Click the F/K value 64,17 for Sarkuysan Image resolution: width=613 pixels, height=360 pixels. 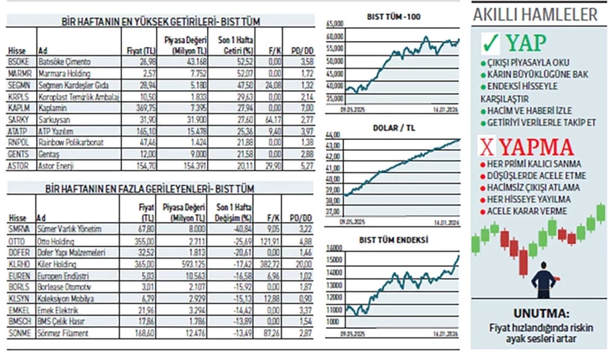273,118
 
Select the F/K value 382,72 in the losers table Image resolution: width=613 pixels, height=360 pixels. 271,263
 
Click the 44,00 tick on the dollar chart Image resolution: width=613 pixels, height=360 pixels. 333,136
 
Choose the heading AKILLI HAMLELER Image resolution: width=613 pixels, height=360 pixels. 534,14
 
